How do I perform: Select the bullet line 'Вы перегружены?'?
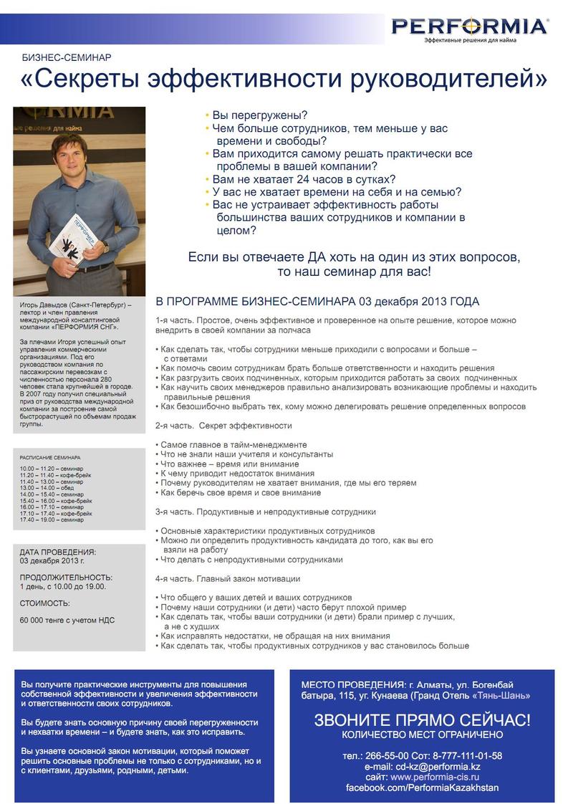tap(260, 115)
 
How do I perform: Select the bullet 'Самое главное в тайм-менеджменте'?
tap(233, 444)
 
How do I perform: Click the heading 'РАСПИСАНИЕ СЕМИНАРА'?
tap(50, 457)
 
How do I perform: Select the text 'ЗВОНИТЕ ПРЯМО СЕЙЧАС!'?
tap(422, 719)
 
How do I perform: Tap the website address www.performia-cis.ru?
tap(435, 777)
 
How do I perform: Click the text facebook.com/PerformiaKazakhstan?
tap(422, 788)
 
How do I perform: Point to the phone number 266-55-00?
tap(385, 755)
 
